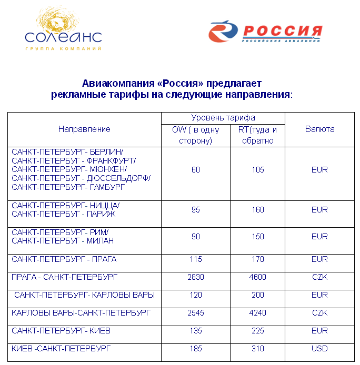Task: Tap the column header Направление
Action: (84, 129)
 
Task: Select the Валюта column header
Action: (319, 129)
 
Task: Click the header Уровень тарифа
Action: (223, 118)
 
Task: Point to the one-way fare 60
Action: (196, 170)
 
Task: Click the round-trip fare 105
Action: (258, 170)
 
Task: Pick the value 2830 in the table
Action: (196, 277)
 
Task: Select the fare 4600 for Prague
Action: (258, 277)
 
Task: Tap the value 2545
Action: (196, 313)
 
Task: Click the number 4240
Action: (258, 313)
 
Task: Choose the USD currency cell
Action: (319, 349)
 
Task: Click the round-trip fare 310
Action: (258, 349)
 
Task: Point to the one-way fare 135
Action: (196, 331)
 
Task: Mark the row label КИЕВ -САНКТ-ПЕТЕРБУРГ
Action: (61, 348)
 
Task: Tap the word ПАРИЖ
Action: (102, 214)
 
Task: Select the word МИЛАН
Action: (101, 241)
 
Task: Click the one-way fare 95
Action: (196, 210)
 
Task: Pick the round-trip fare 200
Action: (258, 295)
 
